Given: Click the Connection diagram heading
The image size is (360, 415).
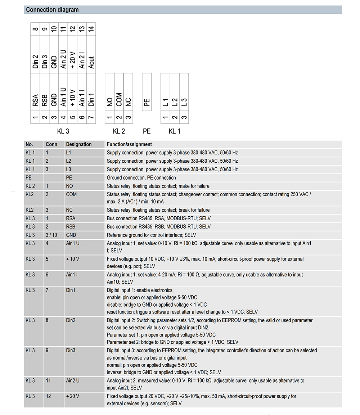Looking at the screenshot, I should (53, 10).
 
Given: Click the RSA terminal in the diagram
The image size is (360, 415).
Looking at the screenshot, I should (35, 100).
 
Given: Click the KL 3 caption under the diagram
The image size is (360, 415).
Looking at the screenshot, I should (63, 131).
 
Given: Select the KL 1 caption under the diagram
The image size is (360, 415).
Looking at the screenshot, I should (175, 131).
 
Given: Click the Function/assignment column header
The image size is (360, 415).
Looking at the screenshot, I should (129, 144).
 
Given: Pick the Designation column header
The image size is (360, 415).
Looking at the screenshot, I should (79, 144).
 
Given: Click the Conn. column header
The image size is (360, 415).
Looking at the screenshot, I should (52, 144).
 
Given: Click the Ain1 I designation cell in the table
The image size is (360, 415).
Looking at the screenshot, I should (72, 275).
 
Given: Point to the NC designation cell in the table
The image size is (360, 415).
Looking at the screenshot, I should (69, 210).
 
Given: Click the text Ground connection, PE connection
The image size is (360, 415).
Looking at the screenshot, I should (141, 177).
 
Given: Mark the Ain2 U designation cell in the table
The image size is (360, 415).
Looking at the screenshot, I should (73, 380).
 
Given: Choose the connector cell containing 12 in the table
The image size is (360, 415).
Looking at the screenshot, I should (49, 396).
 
